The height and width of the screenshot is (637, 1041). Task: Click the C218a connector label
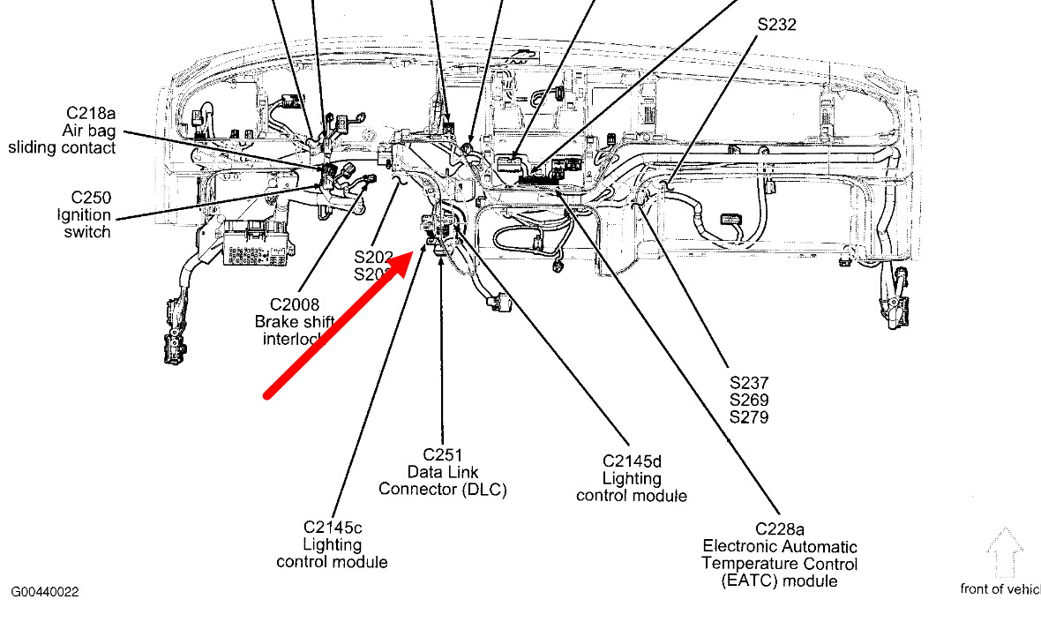(91, 113)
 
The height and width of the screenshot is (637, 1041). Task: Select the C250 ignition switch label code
(91, 198)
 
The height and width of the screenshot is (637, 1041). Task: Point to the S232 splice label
(776, 25)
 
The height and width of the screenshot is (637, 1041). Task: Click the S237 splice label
(749, 384)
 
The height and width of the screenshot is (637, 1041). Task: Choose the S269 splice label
(749, 401)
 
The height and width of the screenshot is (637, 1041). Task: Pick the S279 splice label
(749, 417)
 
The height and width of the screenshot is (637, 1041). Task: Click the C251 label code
(443, 454)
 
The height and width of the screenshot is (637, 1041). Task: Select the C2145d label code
(632, 461)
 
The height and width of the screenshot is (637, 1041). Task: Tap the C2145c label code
(332, 528)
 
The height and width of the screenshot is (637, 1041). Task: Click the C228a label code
(779, 529)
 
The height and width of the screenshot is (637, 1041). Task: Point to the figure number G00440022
(45, 593)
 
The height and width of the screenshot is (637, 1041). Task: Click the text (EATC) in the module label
(748, 581)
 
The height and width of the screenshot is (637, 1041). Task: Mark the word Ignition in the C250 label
(86, 215)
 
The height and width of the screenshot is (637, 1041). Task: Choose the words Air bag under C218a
(90, 131)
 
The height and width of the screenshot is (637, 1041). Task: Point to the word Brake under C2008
(275, 322)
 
